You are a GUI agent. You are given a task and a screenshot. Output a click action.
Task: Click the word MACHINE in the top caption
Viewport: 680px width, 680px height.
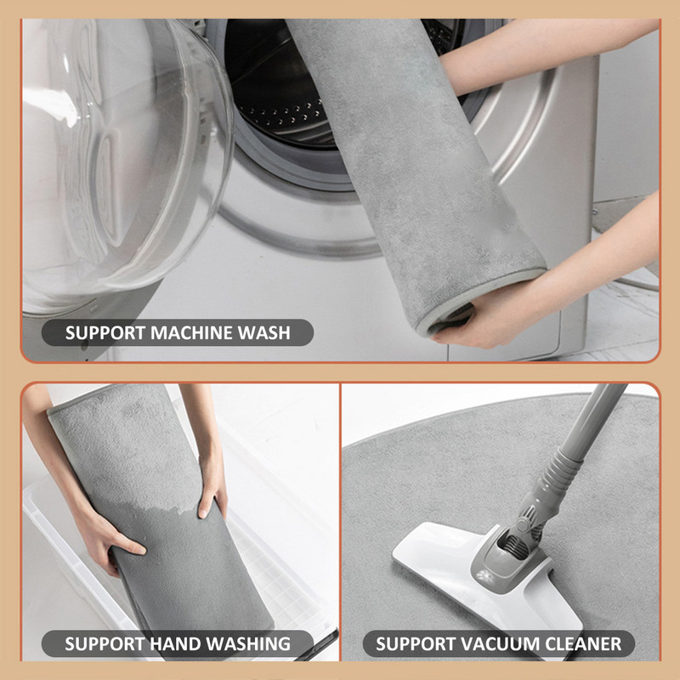click(x=190, y=332)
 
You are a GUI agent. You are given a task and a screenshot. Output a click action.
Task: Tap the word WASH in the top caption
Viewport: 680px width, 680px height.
click(x=264, y=332)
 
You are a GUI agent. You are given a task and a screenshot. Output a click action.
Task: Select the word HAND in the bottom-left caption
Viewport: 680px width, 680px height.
click(x=175, y=643)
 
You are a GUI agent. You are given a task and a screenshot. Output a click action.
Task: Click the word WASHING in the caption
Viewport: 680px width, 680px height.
click(x=247, y=643)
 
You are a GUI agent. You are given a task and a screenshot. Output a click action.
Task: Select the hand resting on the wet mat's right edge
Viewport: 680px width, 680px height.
click(x=212, y=485)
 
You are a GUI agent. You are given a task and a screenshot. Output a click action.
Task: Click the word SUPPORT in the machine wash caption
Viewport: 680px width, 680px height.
click(x=105, y=332)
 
